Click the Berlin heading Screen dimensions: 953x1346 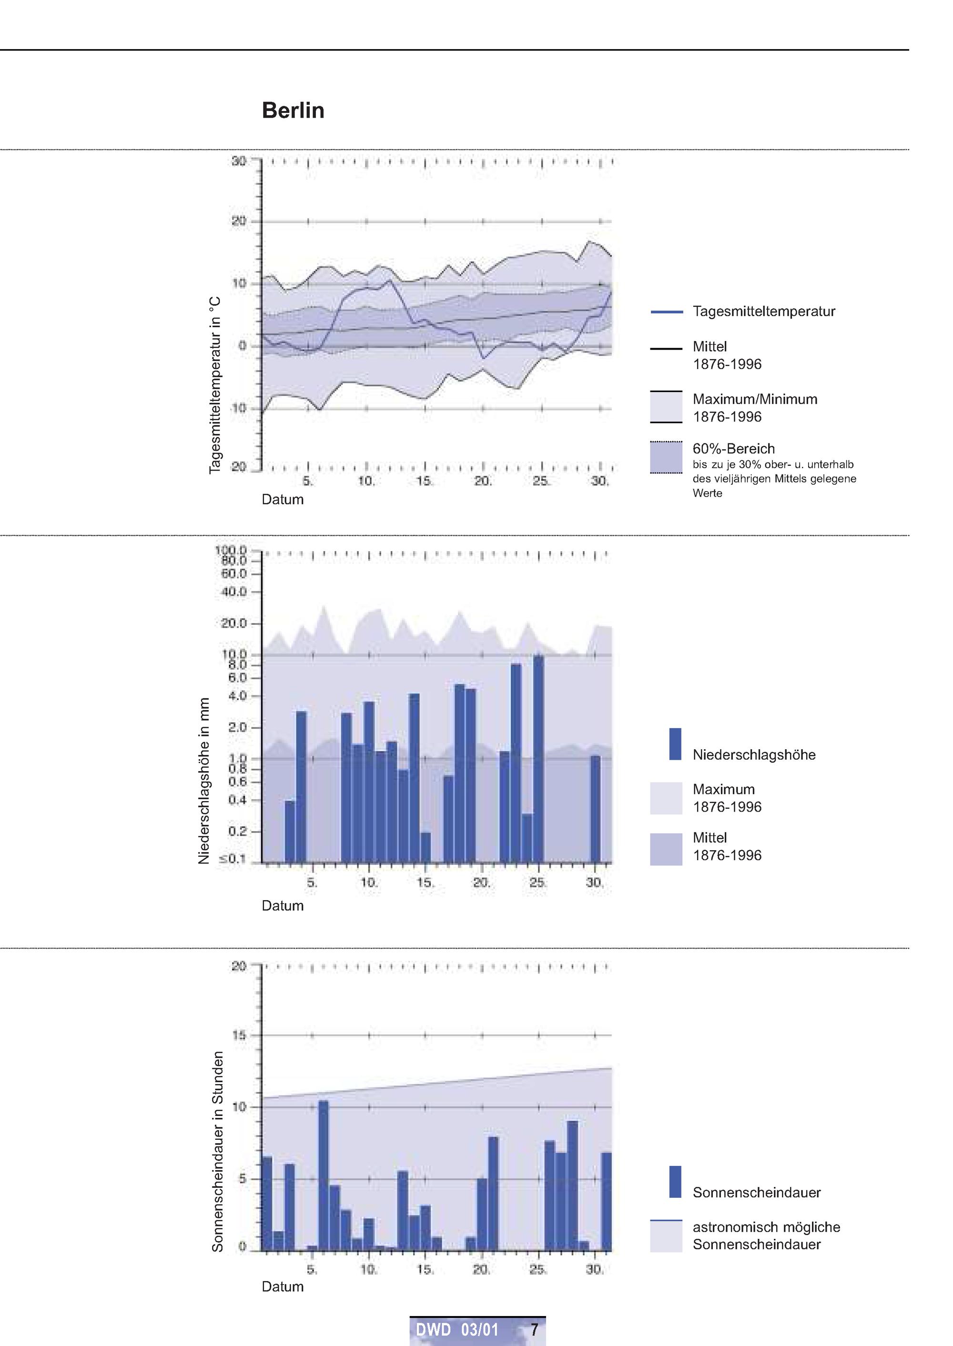click(x=293, y=110)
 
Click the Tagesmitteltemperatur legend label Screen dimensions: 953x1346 click(x=763, y=311)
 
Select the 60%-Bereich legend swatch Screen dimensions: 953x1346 click(x=666, y=457)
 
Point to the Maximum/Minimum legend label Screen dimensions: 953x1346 click(x=755, y=400)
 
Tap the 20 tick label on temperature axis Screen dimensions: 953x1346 click(x=239, y=221)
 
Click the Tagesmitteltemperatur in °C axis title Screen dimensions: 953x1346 click(x=215, y=385)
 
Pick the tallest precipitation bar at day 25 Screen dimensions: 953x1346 click(x=538, y=759)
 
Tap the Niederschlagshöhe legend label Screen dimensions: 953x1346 click(x=754, y=755)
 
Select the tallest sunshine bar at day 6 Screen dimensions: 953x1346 click(x=324, y=1175)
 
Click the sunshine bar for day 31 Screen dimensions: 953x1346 click(x=607, y=1201)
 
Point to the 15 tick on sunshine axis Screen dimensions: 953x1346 click(x=239, y=1035)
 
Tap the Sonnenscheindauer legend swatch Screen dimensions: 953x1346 click(x=675, y=1181)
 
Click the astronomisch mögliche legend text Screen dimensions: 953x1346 click(x=766, y=1227)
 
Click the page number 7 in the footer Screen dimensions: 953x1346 click(x=534, y=1329)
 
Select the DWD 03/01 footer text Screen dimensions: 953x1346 click(x=457, y=1329)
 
